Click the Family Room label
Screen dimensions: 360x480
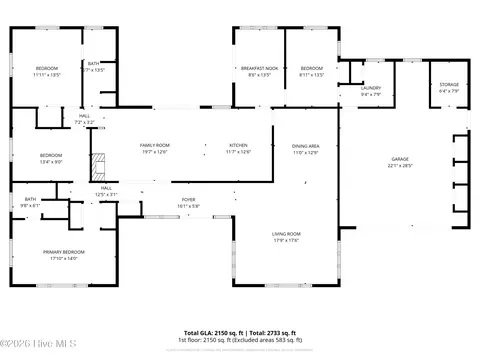click(154, 146)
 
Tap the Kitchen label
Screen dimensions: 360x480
click(239, 146)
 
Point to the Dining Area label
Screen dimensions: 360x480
click(305, 146)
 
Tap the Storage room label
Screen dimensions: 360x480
click(449, 85)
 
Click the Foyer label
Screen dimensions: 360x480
click(188, 200)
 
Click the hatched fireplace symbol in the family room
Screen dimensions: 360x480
click(97, 165)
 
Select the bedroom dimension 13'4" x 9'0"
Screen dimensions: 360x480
click(51, 162)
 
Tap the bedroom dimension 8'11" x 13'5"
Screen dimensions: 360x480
click(312, 75)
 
